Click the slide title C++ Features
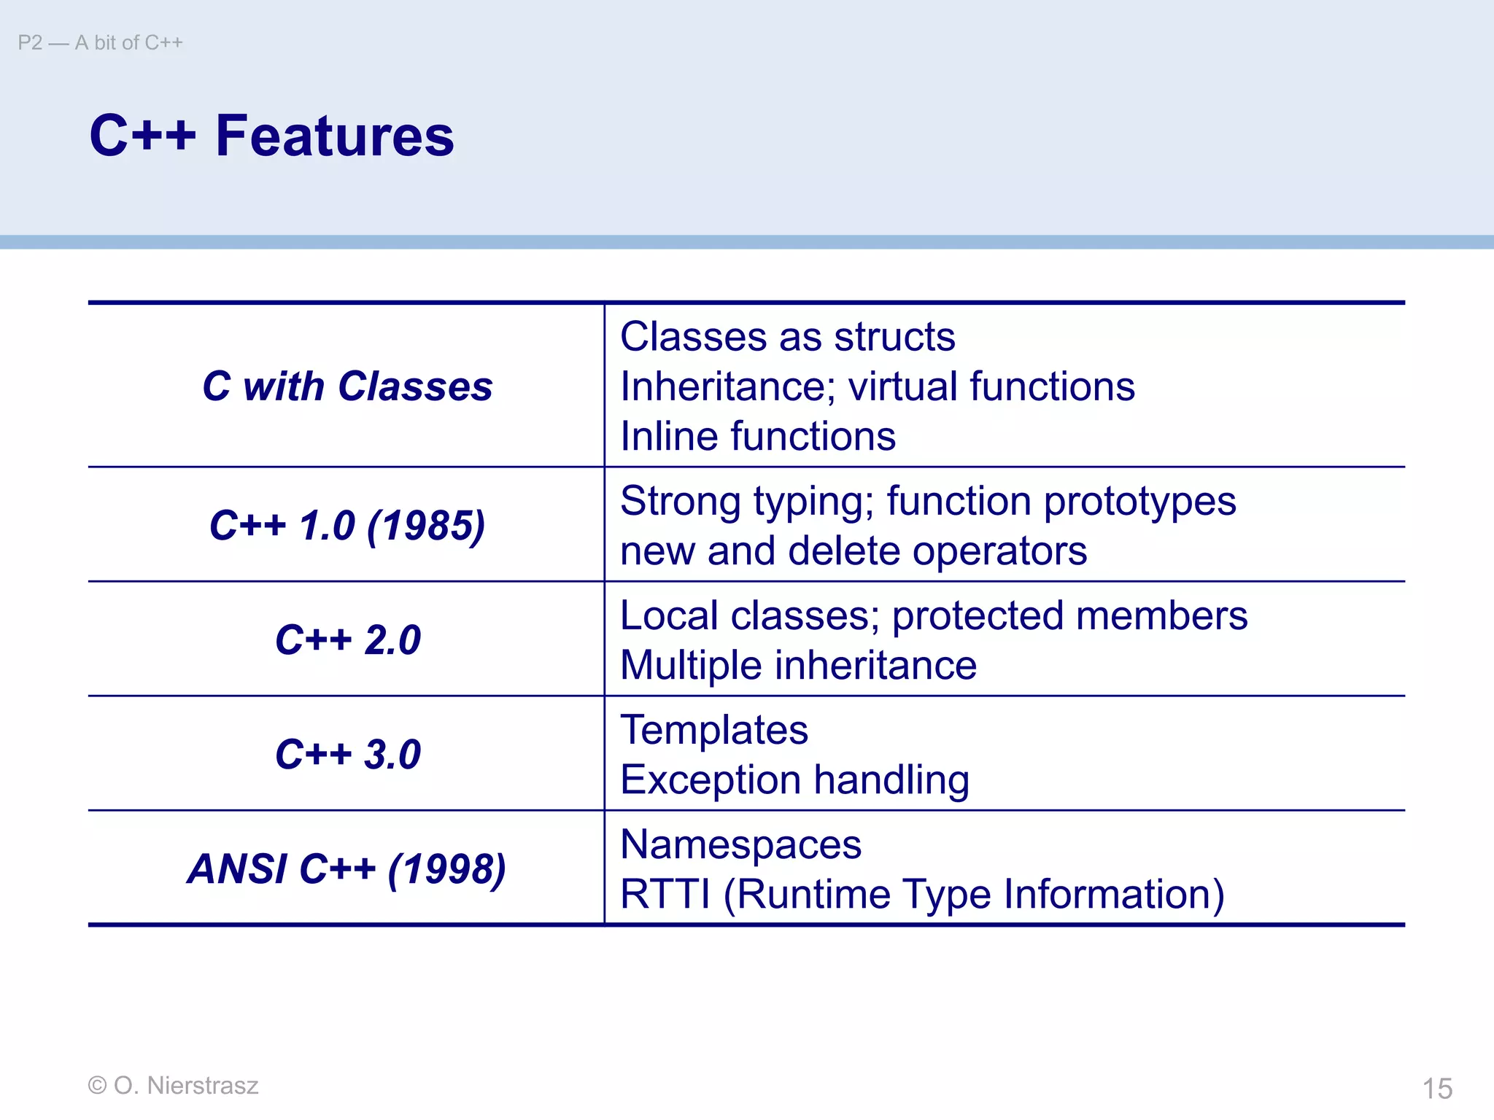(x=271, y=136)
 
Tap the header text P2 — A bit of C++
(x=101, y=43)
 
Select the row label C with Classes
(x=347, y=386)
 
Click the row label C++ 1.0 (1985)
(x=347, y=525)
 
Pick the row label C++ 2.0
(x=347, y=639)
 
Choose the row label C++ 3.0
(x=347, y=754)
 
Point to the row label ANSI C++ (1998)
(x=347, y=868)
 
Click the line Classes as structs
(x=787, y=337)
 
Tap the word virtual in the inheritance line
(x=902, y=386)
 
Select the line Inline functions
(x=757, y=436)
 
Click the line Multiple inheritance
(x=798, y=665)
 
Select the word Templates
(x=713, y=730)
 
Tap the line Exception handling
(x=794, y=780)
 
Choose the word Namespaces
(x=740, y=845)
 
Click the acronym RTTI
(x=665, y=894)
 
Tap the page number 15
(x=1437, y=1089)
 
